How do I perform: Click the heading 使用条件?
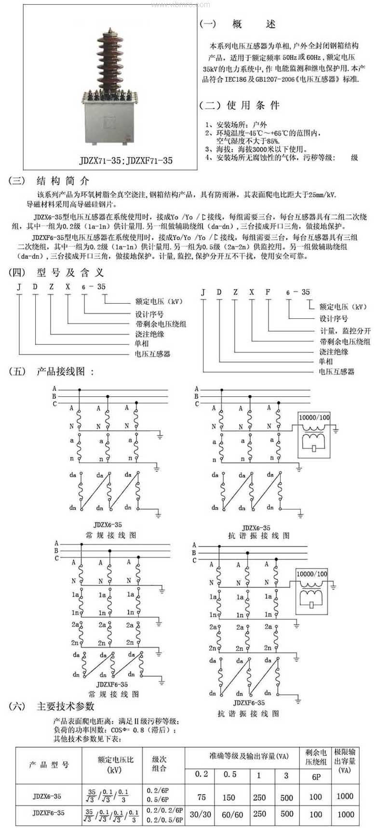coord(253,105)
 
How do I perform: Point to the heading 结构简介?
coord(63,181)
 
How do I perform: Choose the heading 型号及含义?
coord(70,273)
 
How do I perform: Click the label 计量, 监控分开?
coord(346,331)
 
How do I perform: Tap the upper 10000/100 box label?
coord(314,417)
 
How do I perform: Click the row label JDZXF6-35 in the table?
coord(48,813)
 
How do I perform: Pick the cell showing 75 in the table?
coord(201,797)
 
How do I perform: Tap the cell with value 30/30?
coord(201,814)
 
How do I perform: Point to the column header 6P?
coord(316,777)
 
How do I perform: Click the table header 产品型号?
coord(49,765)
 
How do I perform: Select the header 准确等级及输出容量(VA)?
coord(249,756)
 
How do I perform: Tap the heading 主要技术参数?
coord(66,707)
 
